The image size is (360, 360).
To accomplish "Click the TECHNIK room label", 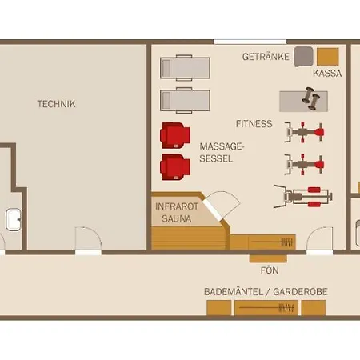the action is (x=57, y=104).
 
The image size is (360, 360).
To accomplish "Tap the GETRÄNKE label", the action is (x=266, y=57).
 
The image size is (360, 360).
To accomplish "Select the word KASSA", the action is (x=327, y=73).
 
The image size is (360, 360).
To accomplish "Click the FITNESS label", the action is (x=254, y=124).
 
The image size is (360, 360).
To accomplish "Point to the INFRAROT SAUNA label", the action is (x=177, y=213).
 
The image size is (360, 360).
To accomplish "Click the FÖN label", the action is (x=270, y=270).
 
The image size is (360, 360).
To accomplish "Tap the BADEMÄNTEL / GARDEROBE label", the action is (x=266, y=292).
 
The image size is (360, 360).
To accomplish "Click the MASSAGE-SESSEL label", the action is (x=222, y=153).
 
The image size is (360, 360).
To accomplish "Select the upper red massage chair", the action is (x=175, y=135).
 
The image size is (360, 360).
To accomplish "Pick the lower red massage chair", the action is (x=175, y=167).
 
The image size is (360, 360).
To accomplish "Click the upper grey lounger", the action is (x=185, y=68).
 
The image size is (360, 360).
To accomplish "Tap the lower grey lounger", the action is (x=185, y=101).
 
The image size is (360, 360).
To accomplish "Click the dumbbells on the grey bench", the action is (x=311, y=98).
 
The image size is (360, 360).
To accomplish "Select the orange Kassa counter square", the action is (x=328, y=57).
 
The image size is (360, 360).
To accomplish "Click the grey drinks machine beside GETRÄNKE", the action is (x=303, y=57).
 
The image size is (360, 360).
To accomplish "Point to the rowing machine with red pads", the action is (x=303, y=197).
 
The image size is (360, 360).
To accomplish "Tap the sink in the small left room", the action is (x=14, y=220).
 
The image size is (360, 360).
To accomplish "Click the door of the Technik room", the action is (x=88, y=240).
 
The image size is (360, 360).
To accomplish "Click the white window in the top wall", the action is (x=250, y=42).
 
